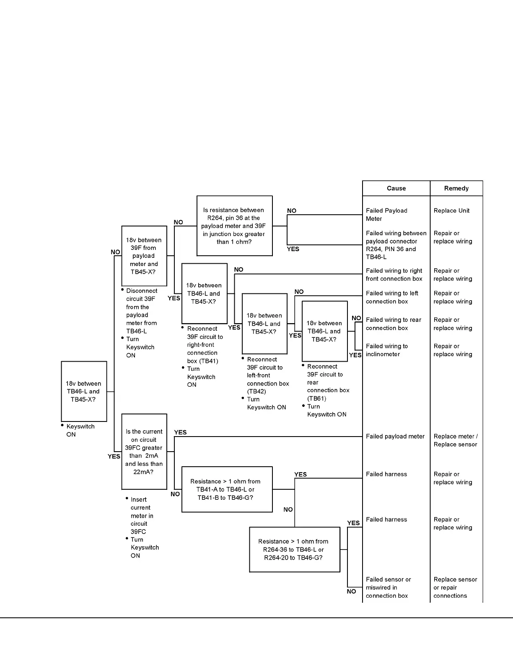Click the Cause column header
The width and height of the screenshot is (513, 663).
click(396, 188)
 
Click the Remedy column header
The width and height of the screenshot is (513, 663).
click(456, 188)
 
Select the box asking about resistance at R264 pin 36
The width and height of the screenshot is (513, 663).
click(234, 226)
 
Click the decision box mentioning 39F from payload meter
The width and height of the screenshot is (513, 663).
click(144, 256)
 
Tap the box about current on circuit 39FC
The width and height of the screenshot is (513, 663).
click(144, 452)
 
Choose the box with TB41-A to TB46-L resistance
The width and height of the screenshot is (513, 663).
click(227, 489)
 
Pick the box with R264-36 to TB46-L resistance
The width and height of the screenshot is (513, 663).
click(294, 550)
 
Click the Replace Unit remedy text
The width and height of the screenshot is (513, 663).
click(451, 211)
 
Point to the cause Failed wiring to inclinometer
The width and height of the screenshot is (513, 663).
click(386, 350)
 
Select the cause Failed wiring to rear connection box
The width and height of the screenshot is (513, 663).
click(393, 324)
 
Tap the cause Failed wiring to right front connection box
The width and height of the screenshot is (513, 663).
click(394, 275)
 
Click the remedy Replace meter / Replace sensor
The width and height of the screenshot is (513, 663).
click(455, 440)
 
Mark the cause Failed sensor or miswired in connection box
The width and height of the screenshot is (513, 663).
click(388, 587)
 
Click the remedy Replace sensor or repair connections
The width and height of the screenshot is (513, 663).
click(455, 587)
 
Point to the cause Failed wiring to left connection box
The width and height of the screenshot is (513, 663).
click(392, 297)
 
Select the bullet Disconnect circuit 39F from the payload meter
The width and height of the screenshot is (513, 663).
click(141, 311)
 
